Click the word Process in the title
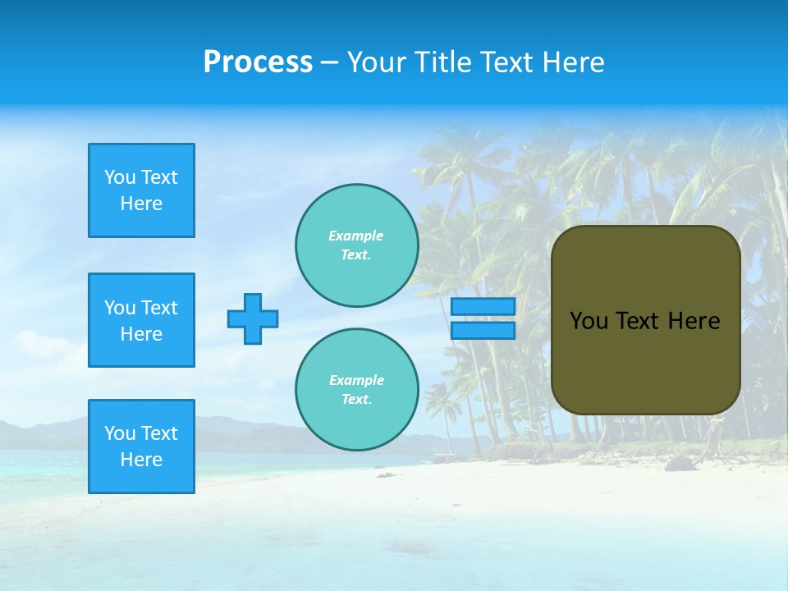(x=258, y=62)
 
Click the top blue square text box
(x=141, y=190)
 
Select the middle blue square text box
(x=141, y=320)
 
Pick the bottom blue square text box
(x=141, y=447)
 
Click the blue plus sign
(x=253, y=318)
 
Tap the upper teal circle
(x=357, y=245)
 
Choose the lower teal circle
(x=357, y=390)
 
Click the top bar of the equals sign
(x=483, y=307)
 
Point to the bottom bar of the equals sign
(x=483, y=331)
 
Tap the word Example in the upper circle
(x=355, y=236)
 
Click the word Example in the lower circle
(x=355, y=381)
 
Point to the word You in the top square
(x=119, y=177)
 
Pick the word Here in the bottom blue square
(x=141, y=460)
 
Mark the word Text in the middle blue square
(x=158, y=308)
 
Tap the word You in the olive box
(x=589, y=321)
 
